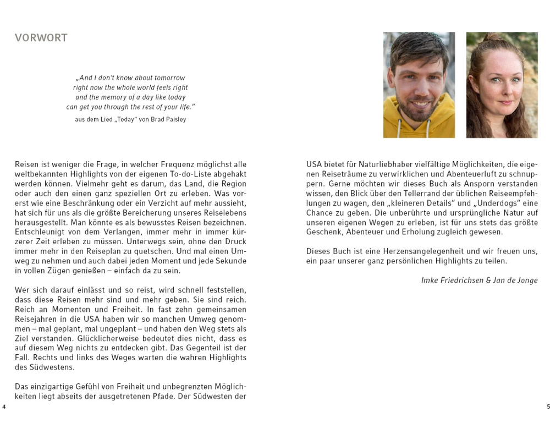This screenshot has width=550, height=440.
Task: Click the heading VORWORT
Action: (41, 38)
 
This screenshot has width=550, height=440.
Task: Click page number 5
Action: (548, 406)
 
